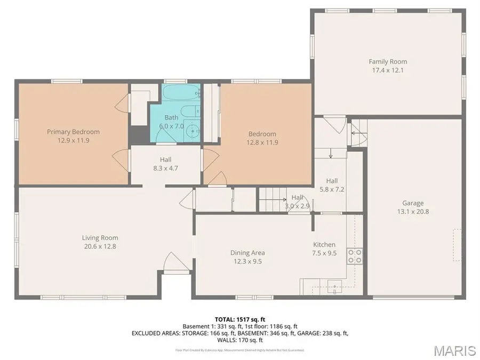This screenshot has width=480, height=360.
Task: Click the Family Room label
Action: [x=388, y=62]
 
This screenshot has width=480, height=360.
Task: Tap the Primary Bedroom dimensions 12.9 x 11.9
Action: [x=73, y=141]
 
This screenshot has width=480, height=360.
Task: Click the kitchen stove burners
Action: [x=355, y=256]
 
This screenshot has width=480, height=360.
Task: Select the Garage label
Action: [x=413, y=203]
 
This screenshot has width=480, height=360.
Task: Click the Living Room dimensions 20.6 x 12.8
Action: [x=100, y=247]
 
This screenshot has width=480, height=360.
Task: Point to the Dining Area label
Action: [x=247, y=253]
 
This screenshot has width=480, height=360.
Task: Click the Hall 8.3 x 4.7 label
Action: [x=166, y=159]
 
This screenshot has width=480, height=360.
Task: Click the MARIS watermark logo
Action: [x=454, y=350]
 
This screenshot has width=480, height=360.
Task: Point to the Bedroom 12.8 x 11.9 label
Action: [x=262, y=134]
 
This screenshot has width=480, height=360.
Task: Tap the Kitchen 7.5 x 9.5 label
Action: [x=324, y=245]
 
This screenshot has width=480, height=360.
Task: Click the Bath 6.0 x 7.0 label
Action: [x=171, y=117]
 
